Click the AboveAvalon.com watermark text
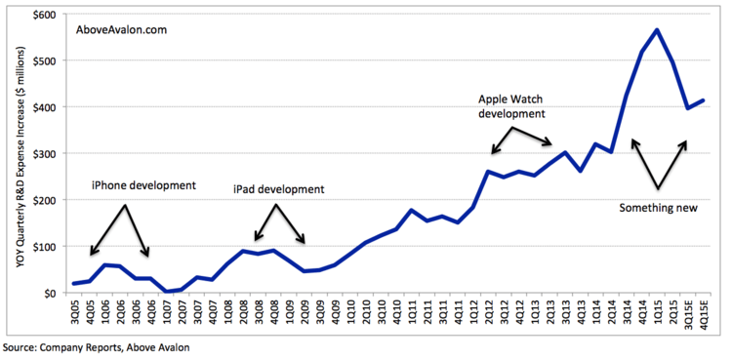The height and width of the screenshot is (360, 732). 122,30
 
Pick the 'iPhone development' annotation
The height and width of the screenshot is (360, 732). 143,184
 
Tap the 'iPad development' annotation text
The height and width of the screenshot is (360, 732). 278,189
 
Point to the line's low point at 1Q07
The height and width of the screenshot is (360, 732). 167,291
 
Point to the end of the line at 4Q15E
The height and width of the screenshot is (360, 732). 704,100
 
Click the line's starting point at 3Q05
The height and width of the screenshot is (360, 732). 75,284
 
